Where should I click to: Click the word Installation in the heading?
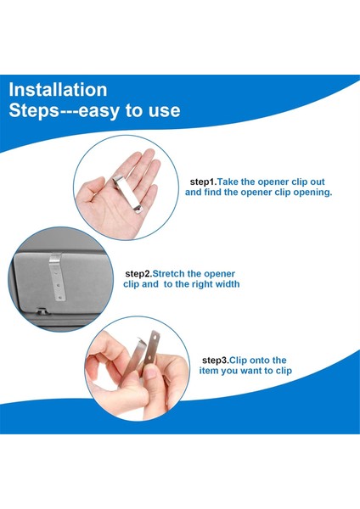(x=58, y=90)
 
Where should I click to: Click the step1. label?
(x=204, y=182)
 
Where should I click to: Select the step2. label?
(x=138, y=274)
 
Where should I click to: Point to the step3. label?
(x=216, y=361)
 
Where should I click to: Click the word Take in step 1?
(x=228, y=182)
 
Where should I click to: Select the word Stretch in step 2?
(x=169, y=274)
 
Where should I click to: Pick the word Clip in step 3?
(x=238, y=361)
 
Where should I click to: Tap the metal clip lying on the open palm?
(x=128, y=193)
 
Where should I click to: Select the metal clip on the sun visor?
(x=57, y=277)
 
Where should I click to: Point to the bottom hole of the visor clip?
(x=60, y=296)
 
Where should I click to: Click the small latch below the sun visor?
(x=42, y=311)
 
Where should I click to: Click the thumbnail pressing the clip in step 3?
(x=150, y=372)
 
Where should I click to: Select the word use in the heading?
(x=164, y=110)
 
